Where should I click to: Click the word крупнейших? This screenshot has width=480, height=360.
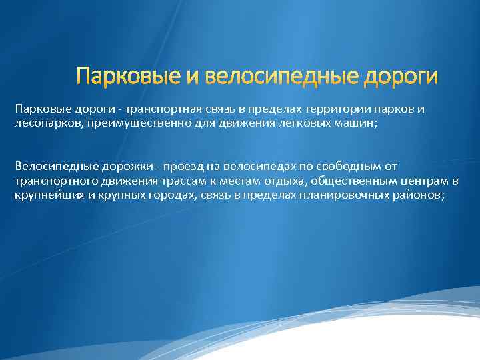coord(46,195)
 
